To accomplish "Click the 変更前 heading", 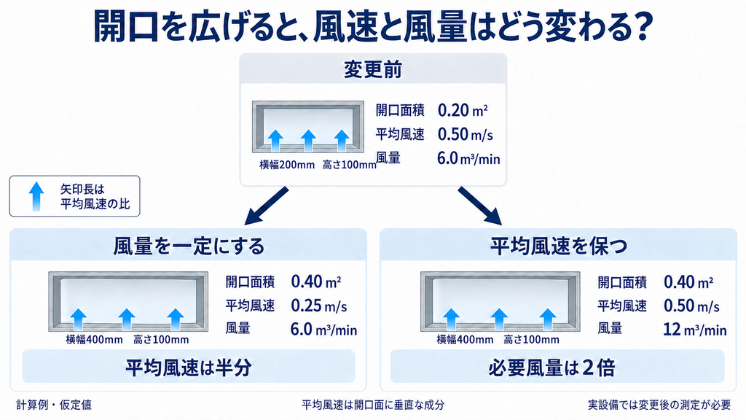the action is pos(373,69).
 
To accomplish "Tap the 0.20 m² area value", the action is pos(463,111).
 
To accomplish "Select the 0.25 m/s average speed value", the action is pos(319,306).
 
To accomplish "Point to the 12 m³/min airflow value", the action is pos(694,329).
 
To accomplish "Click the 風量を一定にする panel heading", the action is pos(189,246).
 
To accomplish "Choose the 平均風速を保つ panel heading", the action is pos(559,246).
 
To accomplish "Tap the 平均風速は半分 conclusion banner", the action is pos(189,367).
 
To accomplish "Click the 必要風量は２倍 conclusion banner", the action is pos(557,367).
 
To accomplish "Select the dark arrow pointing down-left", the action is pos(267,206).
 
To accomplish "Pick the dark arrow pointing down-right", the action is pos(479,206).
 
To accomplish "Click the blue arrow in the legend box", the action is pos(36,196).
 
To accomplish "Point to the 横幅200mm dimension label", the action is pos(287,166).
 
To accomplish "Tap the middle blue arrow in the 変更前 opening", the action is pos(308,141).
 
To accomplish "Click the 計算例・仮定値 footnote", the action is pos(54,405).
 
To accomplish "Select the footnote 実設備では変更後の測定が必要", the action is pos(659,405).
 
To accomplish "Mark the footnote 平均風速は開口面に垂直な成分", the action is pos(373,405).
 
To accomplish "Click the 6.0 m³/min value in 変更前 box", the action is pos(468,158).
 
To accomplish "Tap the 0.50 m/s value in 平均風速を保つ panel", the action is pos(691,306).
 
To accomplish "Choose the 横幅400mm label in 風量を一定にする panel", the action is pos(94,340).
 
